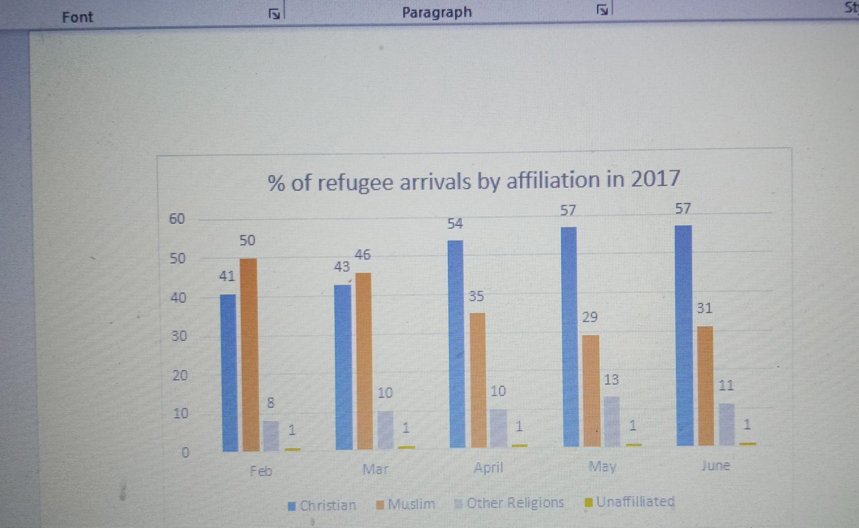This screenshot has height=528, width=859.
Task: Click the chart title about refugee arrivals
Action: point(473,180)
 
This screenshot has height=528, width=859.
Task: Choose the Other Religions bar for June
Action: point(726,424)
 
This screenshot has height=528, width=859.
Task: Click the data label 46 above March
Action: point(363,255)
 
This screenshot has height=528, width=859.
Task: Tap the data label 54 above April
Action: point(455,223)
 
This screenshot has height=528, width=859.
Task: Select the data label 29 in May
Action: point(590,317)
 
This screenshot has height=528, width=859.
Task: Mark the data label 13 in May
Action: point(611,379)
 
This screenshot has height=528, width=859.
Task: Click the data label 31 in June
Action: point(704,308)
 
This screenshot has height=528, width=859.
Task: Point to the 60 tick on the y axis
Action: point(177,219)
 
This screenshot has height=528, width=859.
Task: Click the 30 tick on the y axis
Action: point(179,336)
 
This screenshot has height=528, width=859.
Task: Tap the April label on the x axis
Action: point(488,468)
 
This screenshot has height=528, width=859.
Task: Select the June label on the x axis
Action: point(715,465)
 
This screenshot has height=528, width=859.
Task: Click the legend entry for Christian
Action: point(323,505)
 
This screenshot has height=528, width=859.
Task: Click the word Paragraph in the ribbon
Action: point(437,12)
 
